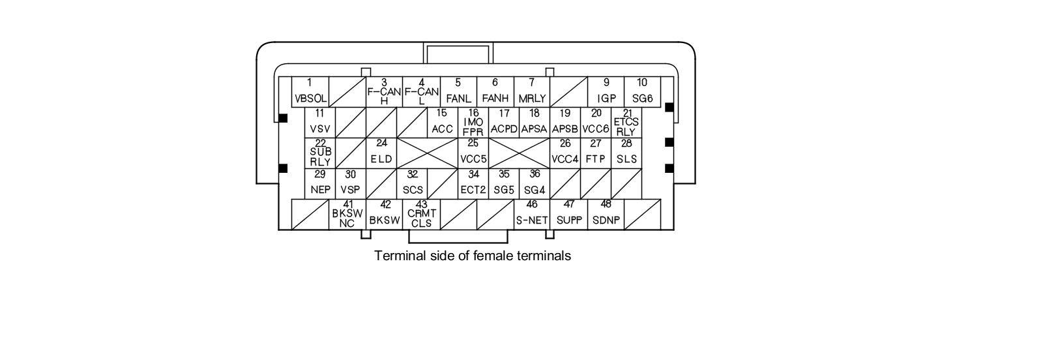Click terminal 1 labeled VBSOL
pyautogui.click(x=310, y=92)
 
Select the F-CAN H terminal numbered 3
pyautogui.click(x=384, y=92)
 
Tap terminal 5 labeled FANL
pyautogui.click(x=458, y=92)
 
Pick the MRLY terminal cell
pyautogui.click(x=532, y=92)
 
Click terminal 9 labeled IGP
pyautogui.click(x=606, y=92)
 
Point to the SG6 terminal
pyautogui.click(x=642, y=92)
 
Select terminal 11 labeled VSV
pyautogui.click(x=319, y=122)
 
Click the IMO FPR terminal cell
pyautogui.click(x=473, y=122)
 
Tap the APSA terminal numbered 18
pyautogui.click(x=535, y=122)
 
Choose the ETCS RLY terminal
pyautogui.click(x=626, y=122)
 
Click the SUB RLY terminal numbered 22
pyautogui.click(x=320, y=153)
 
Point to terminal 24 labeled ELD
pyautogui.click(x=381, y=153)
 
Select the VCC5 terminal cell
pyautogui.click(x=473, y=153)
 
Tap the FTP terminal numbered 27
pyautogui.click(x=596, y=153)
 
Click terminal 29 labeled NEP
pyautogui.click(x=320, y=183)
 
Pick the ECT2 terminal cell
pyautogui.click(x=473, y=183)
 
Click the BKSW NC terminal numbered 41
pyautogui.click(x=347, y=214)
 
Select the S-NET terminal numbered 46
pyautogui.click(x=532, y=214)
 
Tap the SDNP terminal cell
pyautogui.click(x=606, y=214)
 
